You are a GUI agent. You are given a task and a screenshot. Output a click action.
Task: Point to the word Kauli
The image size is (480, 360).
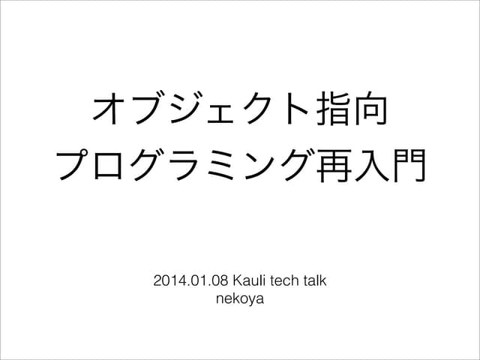(250, 283)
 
